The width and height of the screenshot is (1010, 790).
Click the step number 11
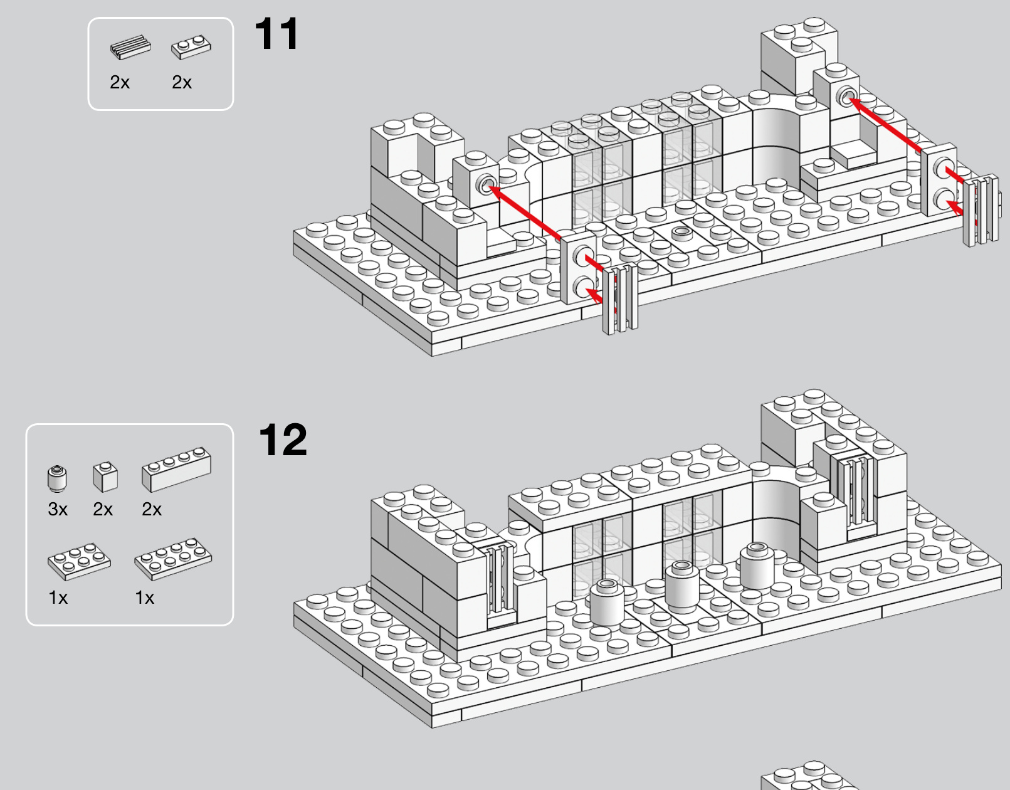point(277,33)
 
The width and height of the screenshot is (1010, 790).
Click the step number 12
point(283,440)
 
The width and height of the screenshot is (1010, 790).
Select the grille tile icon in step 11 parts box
point(130,47)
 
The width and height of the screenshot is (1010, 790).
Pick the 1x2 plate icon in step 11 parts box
point(191,47)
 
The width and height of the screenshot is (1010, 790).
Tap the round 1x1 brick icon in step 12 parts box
point(57,478)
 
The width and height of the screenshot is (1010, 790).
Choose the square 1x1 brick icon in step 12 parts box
point(105,477)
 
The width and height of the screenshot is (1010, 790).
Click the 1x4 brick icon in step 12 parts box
point(177,470)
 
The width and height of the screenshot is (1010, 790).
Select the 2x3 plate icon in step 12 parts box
point(79,561)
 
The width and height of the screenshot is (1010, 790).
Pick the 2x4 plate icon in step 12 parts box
point(174,559)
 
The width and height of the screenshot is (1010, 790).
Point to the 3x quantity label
point(58,509)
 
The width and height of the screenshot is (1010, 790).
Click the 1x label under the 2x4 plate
point(145,598)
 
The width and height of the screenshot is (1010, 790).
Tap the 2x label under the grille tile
point(120,82)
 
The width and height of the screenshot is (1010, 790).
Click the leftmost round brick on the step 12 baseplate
point(606,603)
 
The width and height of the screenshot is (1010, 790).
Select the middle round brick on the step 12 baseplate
point(682,582)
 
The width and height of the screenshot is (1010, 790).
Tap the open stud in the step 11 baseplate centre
point(682,231)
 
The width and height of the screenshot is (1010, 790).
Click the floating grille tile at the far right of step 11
point(981,211)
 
